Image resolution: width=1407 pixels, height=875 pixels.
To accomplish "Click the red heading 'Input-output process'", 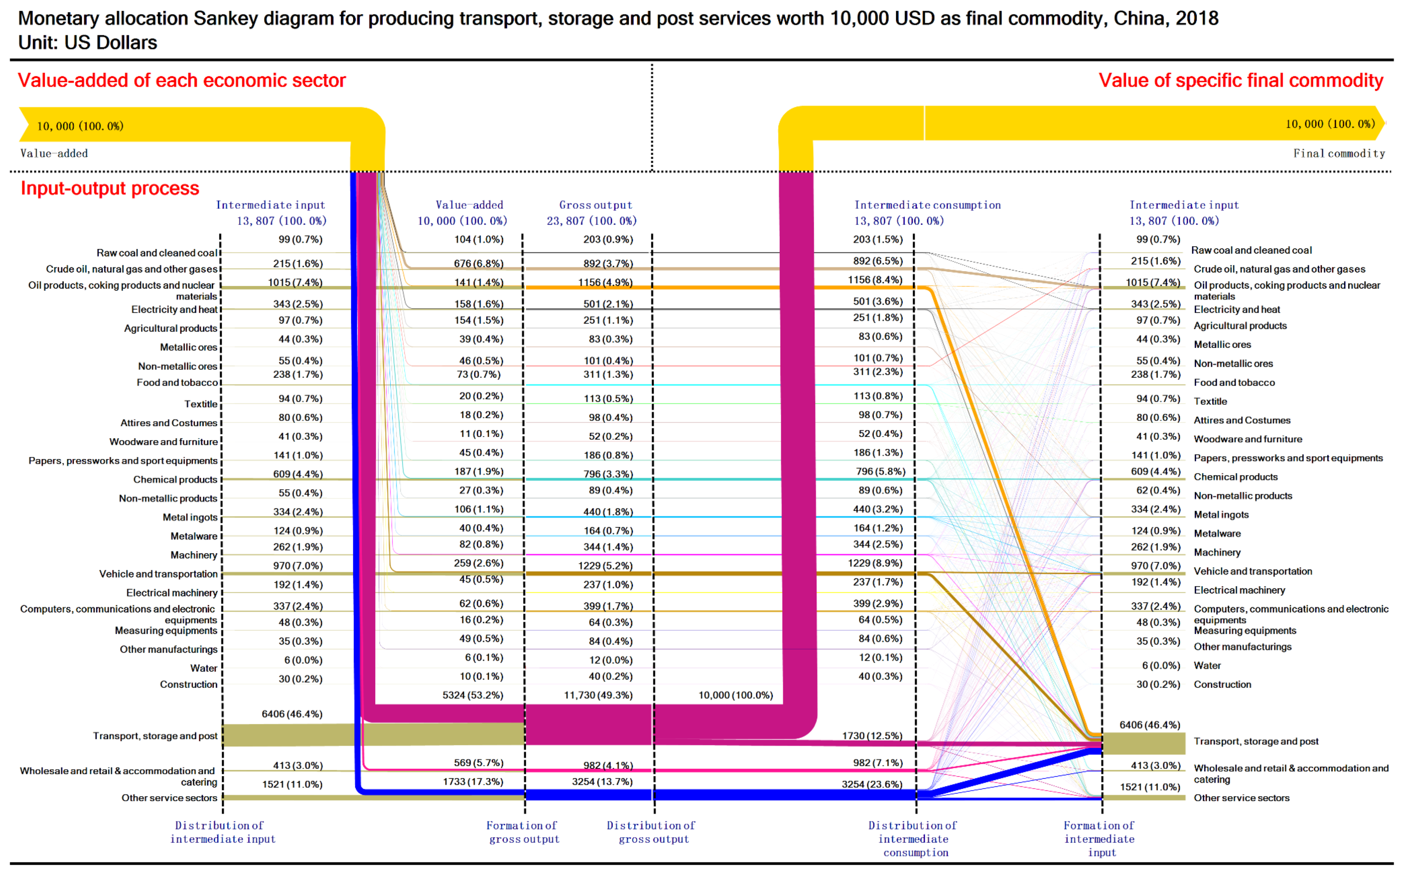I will tap(110, 189).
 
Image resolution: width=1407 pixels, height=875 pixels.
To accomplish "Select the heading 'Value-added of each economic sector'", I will tap(182, 80).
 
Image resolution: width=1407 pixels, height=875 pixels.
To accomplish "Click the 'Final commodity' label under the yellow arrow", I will tap(1339, 153).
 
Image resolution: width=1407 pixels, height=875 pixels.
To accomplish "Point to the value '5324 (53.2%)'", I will tap(473, 695).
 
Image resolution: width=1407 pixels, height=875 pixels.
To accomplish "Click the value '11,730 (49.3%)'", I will tap(598, 695).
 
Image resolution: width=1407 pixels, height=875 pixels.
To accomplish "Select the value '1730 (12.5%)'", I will tap(872, 736).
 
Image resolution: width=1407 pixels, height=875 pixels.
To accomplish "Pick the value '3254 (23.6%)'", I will tap(872, 784).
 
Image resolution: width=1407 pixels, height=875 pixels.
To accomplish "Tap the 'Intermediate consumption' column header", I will tap(928, 205).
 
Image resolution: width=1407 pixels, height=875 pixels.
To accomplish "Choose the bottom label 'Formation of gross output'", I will tap(523, 832).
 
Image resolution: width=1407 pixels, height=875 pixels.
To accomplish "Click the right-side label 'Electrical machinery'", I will tap(1239, 590).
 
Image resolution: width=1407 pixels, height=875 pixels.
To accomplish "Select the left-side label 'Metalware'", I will tap(194, 536).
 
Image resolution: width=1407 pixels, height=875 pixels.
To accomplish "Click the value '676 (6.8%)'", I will tap(478, 263).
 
